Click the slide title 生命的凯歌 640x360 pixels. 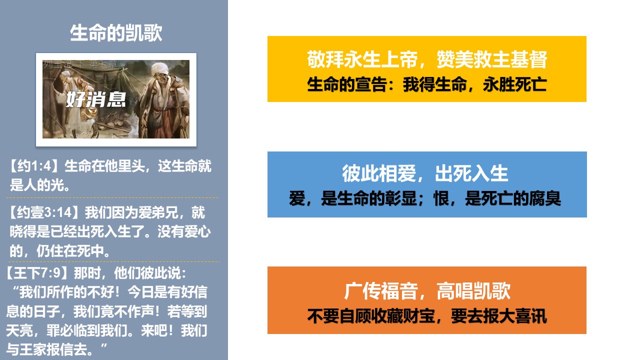[x=116, y=33]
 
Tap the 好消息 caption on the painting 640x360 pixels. [x=96, y=99]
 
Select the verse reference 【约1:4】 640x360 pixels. [x=34, y=166]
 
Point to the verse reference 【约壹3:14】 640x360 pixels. [x=43, y=212]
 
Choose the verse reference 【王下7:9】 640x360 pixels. [x=36, y=273]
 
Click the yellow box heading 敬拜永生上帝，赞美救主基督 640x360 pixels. [x=427, y=59]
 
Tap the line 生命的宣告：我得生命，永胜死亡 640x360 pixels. [x=427, y=84]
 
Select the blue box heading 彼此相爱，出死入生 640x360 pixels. [x=425, y=173]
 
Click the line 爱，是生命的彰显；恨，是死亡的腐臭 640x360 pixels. [x=425, y=198]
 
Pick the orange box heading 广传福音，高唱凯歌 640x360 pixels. [x=427, y=291]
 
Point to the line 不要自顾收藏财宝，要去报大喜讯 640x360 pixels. [x=427, y=316]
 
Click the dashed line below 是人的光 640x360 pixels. [x=112, y=197]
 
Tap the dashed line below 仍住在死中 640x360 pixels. [x=114, y=261]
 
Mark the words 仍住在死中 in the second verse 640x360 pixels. [x=69, y=251]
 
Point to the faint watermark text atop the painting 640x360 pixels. [x=80, y=64]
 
